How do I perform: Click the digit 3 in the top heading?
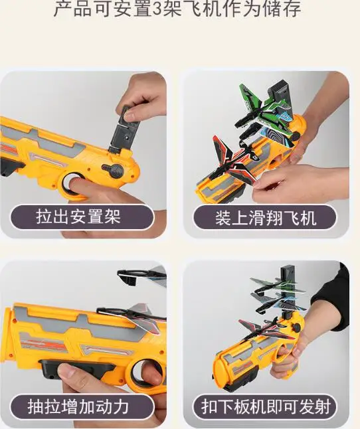coord(157,9)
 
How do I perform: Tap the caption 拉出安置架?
coord(78,217)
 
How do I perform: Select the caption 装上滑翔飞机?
coord(266,218)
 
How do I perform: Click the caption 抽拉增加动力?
coord(78,406)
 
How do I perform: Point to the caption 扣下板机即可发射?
coord(266,406)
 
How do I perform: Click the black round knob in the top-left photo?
coord(113,171)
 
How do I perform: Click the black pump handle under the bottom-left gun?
coord(76,369)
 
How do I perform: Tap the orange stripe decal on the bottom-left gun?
coord(44,345)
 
